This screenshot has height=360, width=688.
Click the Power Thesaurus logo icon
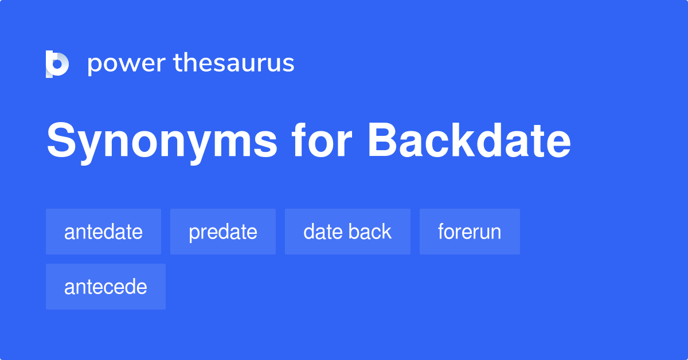[x=57, y=64]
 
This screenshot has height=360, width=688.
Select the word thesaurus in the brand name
[x=234, y=63]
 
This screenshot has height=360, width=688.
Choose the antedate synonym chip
[x=103, y=232]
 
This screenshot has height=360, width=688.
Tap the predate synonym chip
[x=222, y=232]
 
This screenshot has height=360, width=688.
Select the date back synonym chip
[x=347, y=232]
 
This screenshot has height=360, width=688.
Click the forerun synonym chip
[x=470, y=232]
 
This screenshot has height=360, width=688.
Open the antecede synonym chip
[x=105, y=287]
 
